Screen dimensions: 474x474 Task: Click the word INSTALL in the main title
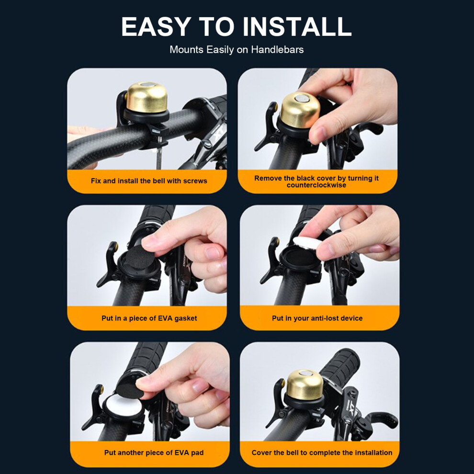point(297,27)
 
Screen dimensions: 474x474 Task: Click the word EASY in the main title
point(156,27)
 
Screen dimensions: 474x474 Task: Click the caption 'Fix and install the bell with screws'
point(149,181)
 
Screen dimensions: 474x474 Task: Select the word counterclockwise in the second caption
point(316,185)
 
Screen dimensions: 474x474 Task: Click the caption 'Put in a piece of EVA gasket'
point(149,318)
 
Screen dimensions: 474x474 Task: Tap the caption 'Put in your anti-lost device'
point(317,318)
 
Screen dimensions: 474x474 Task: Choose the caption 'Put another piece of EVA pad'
point(154,452)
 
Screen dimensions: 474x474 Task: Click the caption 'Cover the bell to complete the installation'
point(322,452)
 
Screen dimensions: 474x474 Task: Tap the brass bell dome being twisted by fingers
point(299,110)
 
